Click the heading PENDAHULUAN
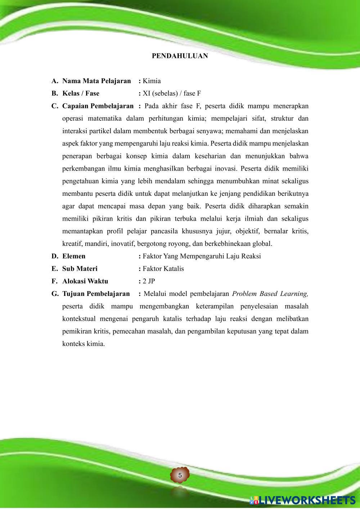click(x=180, y=56)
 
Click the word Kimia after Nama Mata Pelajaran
click(x=152, y=81)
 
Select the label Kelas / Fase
click(x=81, y=94)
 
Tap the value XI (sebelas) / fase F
click(x=172, y=94)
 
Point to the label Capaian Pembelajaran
click(x=98, y=106)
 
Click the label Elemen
click(x=74, y=256)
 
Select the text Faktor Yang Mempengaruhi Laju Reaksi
click(x=202, y=256)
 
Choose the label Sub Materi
click(x=80, y=269)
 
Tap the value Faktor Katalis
click(x=163, y=269)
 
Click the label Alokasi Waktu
click(x=85, y=281)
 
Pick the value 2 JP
click(x=149, y=281)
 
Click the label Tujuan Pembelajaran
click(x=96, y=294)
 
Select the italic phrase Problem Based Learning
click(x=270, y=294)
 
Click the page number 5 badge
click(x=180, y=475)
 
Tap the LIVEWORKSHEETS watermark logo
click(x=302, y=500)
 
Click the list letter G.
click(x=55, y=294)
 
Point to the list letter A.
click(x=55, y=81)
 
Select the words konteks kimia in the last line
click(x=83, y=344)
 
